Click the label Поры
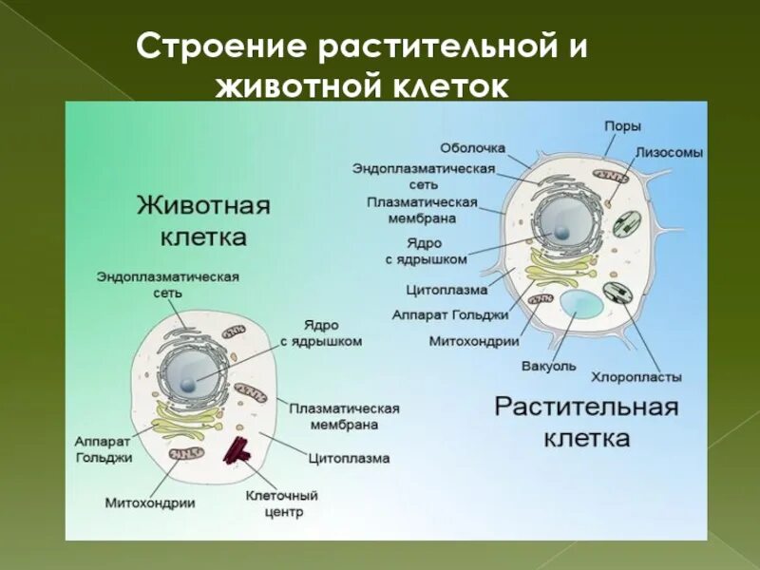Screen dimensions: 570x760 click(623, 126)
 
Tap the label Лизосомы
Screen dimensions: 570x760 click(670, 152)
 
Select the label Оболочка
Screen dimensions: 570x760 click(472, 148)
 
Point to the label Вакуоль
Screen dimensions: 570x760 click(548, 366)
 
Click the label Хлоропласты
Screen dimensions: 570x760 click(636, 376)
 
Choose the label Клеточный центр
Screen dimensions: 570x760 click(281, 503)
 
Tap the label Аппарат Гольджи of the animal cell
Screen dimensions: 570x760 click(103, 449)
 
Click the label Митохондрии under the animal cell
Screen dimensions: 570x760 click(150, 503)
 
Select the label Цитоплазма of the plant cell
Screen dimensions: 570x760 click(446, 289)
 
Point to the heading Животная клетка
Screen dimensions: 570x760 click(204, 220)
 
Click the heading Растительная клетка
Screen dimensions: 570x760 click(586, 422)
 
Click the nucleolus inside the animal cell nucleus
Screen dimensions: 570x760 click(190, 383)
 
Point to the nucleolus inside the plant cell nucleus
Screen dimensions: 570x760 click(562, 231)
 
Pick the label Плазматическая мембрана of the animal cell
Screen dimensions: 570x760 click(344, 416)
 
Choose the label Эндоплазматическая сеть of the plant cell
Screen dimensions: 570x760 click(424, 178)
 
